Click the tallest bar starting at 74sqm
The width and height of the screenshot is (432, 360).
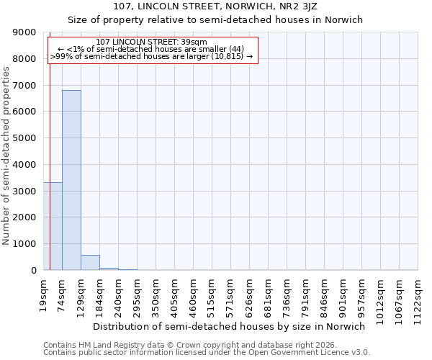click(71, 180)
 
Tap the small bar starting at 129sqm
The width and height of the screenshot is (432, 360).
click(90, 263)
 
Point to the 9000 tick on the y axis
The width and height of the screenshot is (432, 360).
click(26, 32)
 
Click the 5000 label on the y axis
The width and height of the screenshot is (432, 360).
click(26, 138)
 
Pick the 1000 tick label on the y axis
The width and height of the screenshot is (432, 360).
click(26, 244)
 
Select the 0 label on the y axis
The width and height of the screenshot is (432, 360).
click(34, 271)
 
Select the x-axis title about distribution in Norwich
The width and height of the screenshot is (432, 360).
click(229, 326)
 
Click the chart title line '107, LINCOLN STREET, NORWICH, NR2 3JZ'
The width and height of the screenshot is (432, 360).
click(215, 6)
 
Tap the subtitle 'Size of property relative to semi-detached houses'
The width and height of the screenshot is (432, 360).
click(215, 20)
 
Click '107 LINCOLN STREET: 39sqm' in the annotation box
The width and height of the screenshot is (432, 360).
click(151, 42)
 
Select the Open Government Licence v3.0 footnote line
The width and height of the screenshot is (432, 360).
click(207, 353)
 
